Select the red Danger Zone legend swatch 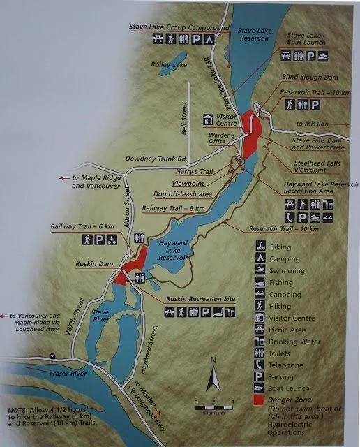259,400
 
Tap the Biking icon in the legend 259,246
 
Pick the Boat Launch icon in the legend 259,388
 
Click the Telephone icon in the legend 259,365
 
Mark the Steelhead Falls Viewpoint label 298,166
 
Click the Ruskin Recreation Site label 200,298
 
